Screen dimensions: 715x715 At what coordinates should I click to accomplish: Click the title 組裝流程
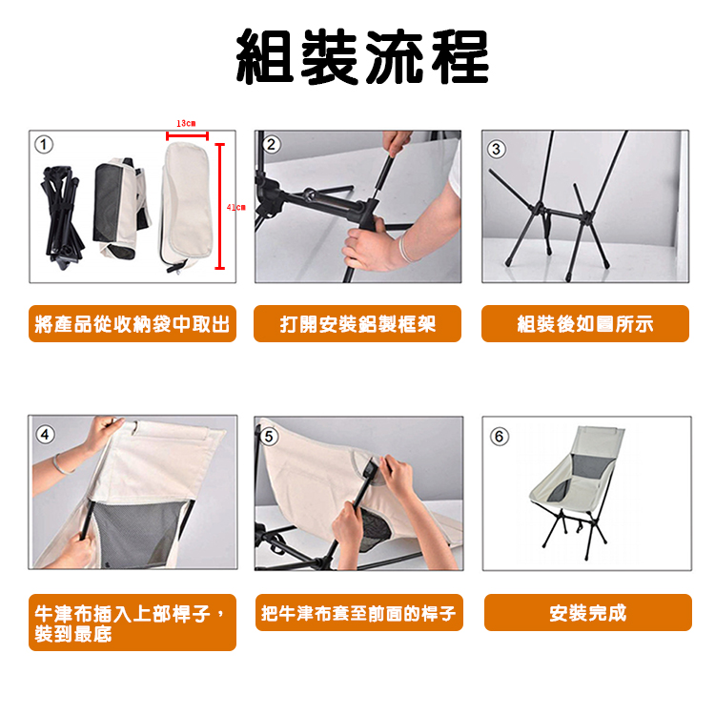click(x=361, y=58)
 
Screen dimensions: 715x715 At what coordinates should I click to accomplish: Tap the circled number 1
click(x=43, y=145)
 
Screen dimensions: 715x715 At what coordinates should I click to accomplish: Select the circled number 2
click(x=272, y=145)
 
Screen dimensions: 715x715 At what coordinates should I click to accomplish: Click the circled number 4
click(x=45, y=435)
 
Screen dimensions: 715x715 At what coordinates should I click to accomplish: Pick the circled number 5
click(x=269, y=436)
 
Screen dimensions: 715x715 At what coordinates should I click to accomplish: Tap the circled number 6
click(x=499, y=436)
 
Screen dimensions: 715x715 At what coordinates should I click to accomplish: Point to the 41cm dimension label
click(x=235, y=207)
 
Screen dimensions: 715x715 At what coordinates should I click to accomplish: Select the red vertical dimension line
click(x=219, y=206)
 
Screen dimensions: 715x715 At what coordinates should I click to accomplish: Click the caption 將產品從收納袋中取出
click(x=132, y=324)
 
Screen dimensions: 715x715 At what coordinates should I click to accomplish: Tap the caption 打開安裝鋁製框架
click(x=357, y=324)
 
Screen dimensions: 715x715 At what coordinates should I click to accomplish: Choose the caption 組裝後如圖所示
click(x=585, y=324)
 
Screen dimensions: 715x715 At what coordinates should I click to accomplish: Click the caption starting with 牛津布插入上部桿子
click(x=132, y=623)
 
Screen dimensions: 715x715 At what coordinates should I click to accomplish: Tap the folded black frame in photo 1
click(x=62, y=214)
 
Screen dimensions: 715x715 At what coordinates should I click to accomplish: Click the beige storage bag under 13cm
click(x=186, y=205)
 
